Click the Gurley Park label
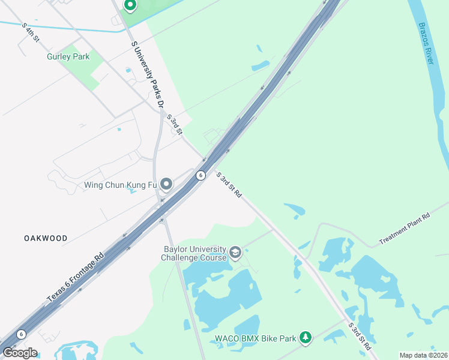pyautogui.click(x=68, y=57)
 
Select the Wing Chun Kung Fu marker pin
pyautogui.click(x=166, y=184)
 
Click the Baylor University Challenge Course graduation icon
pyautogui.click(x=236, y=253)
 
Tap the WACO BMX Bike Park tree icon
pyautogui.click(x=306, y=338)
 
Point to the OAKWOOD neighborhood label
pyautogui.click(x=46, y=238)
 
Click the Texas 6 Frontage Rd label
pyautogui.click(x=75, y=277)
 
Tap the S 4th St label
pyautogui.click(x=30, y=33)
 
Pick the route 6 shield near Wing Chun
pyautogui.click(x=200, y=175)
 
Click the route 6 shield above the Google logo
pyautogui.click(x=22, y=334)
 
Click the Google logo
pyautogui.click(x=20, y=352)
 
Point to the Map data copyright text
pyautogui.click(x=423, y=355)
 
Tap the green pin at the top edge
pyautogui.click(x=130, y=5)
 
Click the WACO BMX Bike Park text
pyautogui.click(x=256, y=338)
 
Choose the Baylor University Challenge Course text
pyautogui.click(x=194, y=253)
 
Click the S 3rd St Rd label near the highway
pyautogui.click(x=229, y=185)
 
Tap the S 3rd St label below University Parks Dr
pyautogui.click(x=174, y=125)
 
